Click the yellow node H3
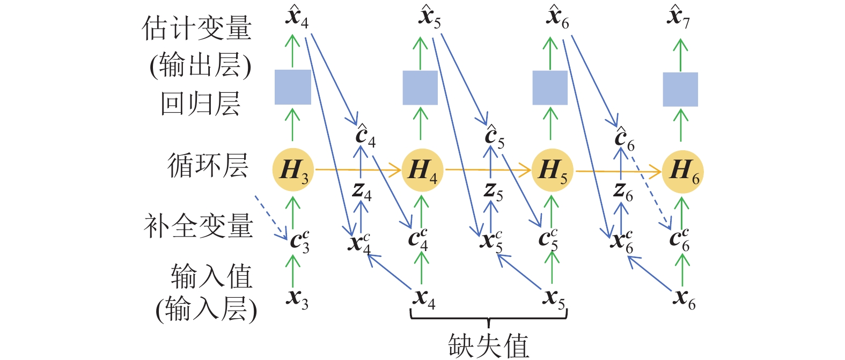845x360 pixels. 293,171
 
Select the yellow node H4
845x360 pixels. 422,171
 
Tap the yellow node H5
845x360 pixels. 552,171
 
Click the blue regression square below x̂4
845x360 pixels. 293,87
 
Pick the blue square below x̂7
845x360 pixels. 680,89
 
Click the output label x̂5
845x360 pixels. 430,17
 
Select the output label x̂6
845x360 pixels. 558,17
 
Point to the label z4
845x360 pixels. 362,190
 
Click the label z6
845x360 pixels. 622,190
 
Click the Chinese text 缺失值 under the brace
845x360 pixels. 488,345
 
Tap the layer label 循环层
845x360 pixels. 208,165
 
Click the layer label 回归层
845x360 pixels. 200,104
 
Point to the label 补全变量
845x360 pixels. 198,225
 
